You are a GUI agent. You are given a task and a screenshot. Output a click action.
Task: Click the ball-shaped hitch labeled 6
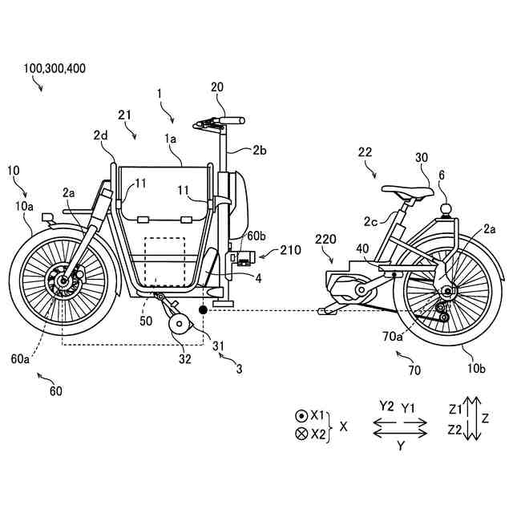coord(446,209)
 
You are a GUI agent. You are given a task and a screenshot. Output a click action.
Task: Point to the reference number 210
coord(291,250)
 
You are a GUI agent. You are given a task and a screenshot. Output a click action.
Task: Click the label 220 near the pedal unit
coord(325,238)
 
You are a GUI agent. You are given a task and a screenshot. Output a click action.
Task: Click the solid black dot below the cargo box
coord(203,309)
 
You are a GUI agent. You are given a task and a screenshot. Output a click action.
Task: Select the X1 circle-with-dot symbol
coord(300,417)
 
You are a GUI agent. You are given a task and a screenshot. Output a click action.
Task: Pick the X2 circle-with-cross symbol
coord(300,434)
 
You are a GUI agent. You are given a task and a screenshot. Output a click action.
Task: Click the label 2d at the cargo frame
coord(99,135)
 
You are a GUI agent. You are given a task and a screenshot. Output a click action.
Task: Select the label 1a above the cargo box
coord(171,139)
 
